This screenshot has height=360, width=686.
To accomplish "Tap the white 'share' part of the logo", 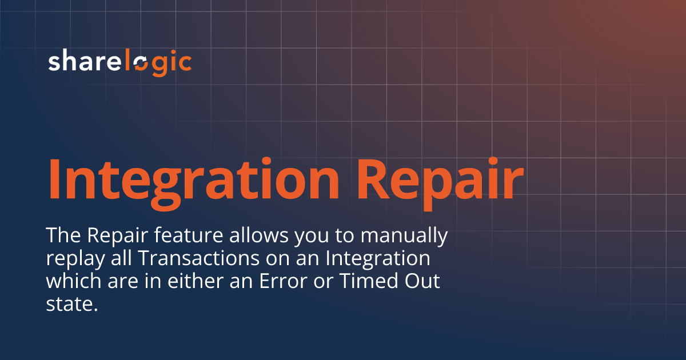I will tap(86, 62).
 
